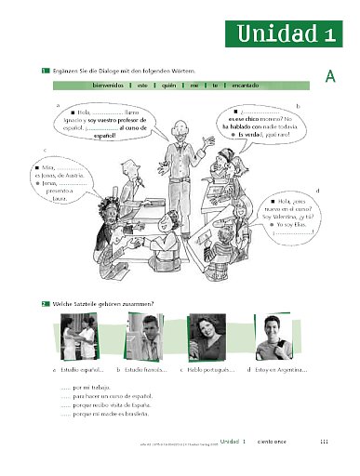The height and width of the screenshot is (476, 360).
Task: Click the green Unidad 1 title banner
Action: [287, 34]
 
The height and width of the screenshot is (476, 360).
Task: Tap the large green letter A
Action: [330, 79]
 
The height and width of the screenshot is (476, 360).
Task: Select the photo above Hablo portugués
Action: [208, 337]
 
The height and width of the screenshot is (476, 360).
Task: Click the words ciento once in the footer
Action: [276, 442]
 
